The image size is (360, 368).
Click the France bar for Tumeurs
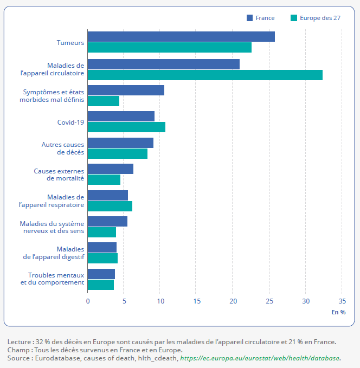coord(181,37)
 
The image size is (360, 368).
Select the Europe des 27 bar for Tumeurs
coord(169,48)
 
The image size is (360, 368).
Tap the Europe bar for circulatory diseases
coord(205,75)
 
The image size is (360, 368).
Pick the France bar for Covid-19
coord(121,117)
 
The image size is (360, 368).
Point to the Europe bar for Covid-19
coord(126,127)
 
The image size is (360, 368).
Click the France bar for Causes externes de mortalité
coord(111,169)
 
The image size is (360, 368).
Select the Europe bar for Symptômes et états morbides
coord(104,101)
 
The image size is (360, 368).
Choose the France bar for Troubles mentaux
coord(101,274)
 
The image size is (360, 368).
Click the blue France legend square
coord(250,18)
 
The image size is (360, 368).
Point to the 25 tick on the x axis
coord(269,301)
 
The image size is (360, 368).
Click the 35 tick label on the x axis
coord(342,301)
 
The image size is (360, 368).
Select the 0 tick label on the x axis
coord(88,301)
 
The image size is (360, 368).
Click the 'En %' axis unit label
coord(338,312)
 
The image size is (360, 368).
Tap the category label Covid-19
coord(70,122)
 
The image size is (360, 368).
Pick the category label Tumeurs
coord(70,42)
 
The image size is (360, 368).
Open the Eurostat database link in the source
coord(261,358)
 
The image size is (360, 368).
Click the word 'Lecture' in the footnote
coord(19,342)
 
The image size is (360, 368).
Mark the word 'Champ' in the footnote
coord(18,350)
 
